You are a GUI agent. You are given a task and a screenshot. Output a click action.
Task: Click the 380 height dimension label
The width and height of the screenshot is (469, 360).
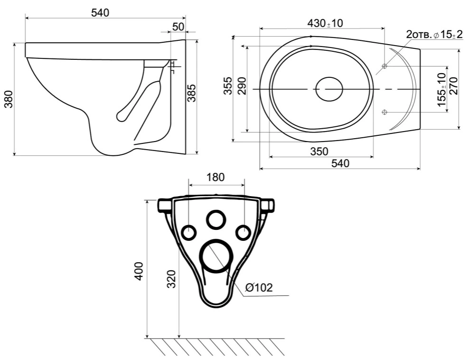[9, 99]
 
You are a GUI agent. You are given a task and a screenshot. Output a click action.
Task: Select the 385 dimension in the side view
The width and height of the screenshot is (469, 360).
[191, 93]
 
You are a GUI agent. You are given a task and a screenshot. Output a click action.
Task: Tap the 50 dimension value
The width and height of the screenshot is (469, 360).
[178, 27]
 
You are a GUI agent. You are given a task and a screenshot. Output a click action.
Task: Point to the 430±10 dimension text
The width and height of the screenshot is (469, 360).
[326, 23]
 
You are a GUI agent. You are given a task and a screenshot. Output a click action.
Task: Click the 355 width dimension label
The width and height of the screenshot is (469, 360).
[228, 86]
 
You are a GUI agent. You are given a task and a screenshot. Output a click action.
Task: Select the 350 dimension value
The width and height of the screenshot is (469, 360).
[319, 152]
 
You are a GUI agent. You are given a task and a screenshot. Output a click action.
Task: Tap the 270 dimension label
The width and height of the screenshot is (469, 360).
[453, 86]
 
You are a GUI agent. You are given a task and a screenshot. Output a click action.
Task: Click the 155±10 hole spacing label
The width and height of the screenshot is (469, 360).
[441, 89]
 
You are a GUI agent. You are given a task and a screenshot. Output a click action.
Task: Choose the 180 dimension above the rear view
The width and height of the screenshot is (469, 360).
[216, 177]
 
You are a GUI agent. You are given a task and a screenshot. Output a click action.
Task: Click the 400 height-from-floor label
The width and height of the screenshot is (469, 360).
[139, 271]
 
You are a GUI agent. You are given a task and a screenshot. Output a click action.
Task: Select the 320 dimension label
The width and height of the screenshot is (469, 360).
[171, 279]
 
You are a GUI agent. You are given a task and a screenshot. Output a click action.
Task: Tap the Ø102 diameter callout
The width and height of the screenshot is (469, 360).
[259, 288]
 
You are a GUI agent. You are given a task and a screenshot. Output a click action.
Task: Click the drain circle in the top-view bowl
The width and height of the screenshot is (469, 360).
[329, 89]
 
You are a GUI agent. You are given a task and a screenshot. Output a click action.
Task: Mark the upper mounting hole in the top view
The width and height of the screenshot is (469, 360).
[385, 66]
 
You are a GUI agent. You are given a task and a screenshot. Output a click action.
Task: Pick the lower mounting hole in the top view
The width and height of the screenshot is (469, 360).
[385, 112]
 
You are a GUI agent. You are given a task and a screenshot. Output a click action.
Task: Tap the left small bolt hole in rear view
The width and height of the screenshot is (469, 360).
[189, 232]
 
